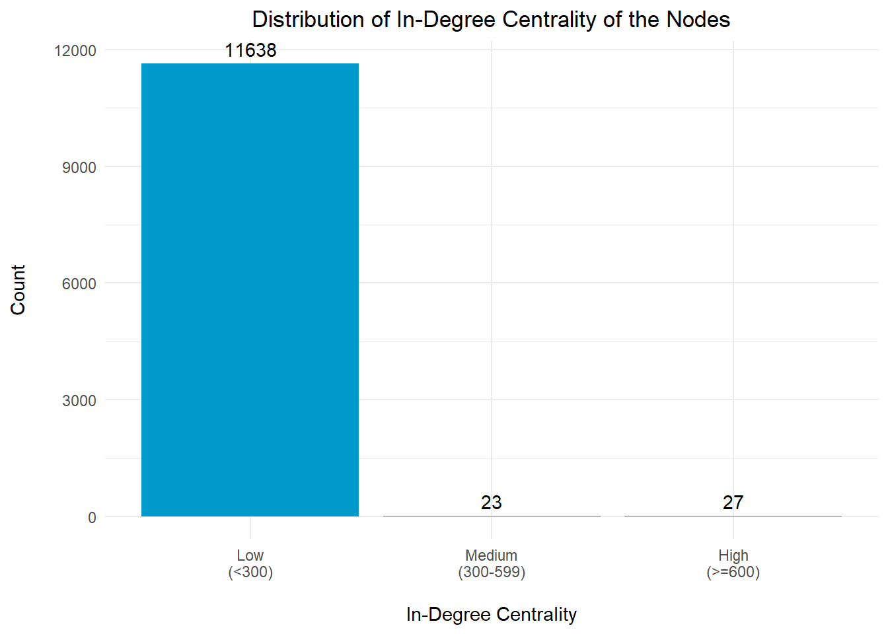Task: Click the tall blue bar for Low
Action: pos(250,290)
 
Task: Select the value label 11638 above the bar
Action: pos(250,50)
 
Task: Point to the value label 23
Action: pos(491,503)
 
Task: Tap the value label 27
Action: pos(733,503)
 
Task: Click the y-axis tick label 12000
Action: pos(75,51)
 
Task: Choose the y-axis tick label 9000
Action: pos(79,168)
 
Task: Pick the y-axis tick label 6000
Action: pos(79,284)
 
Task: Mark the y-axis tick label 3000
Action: pos(79,401)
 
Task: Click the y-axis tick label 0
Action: pos(92,518)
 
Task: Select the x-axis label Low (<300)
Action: pos(250,563)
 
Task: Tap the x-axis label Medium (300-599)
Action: pos(491,563)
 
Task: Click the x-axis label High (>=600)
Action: pos(733,563)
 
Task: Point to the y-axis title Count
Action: pos(18,290)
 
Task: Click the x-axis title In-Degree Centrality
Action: pos(491,615)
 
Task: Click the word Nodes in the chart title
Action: pos(698,20)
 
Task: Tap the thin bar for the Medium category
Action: pos(491,516)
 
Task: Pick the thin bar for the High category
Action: pos(733,516)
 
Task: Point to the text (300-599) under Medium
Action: pos(491,572)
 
